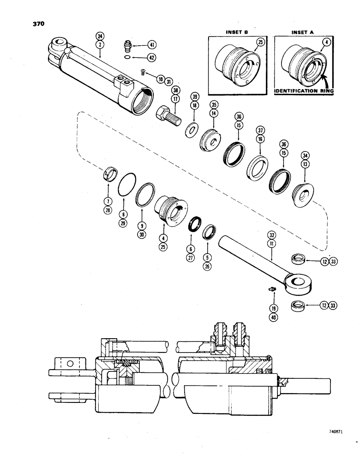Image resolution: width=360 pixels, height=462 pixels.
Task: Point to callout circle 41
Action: point(151,45)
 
